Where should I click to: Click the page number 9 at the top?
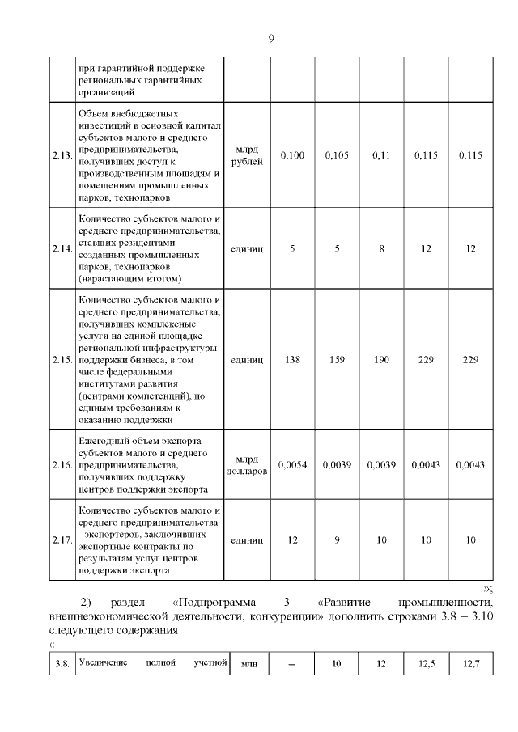click(270, 37)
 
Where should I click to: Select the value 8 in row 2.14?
click(380, 249)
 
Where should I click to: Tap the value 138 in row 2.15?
click(291, 358)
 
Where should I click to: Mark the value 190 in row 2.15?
click(380, 358)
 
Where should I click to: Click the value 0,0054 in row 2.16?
click(291, 466)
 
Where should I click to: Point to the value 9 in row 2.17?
click(336, 540)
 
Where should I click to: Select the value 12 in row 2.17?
click(291, 540)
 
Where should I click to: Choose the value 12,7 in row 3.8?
click(471, 664)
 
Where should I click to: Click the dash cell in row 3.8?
click(291, 665)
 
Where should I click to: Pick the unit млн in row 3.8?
click(248, 664)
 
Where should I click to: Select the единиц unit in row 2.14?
click(247, 249)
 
